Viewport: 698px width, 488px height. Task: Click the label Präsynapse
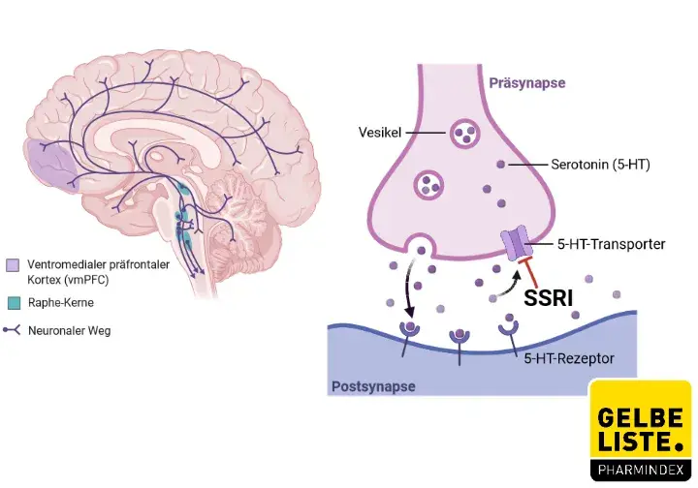coord(527,83)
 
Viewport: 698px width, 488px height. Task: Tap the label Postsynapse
coord(373,386)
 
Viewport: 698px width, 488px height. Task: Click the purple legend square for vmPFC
coord(13,265)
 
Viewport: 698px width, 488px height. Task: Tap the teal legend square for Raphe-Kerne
coord(13,302)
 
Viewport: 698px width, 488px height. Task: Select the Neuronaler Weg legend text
coord(69,330)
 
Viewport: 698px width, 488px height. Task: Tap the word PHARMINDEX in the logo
coord(640,470)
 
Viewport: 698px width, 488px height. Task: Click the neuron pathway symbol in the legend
coord(13,330)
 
